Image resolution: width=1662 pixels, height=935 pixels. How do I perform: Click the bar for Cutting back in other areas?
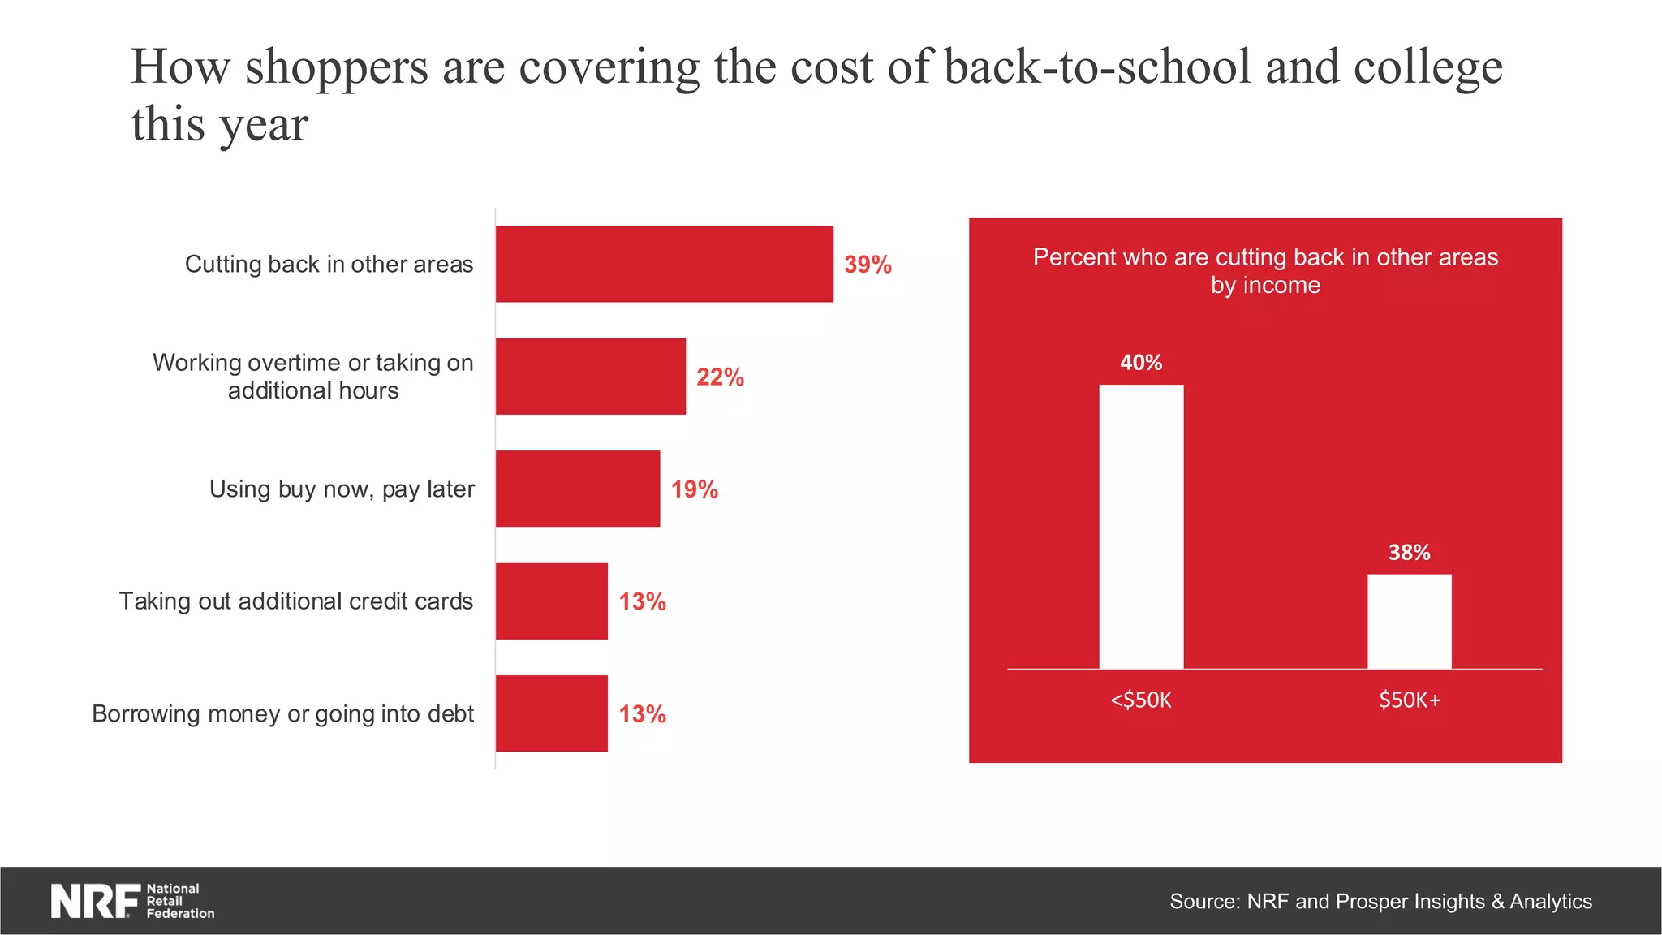coord(664,264)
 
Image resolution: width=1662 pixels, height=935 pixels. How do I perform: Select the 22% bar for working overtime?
coord(590,377)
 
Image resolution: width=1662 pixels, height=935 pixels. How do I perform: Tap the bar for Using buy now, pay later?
coord(577,489)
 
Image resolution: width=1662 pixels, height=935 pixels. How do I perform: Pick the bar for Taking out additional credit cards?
coord(551,601)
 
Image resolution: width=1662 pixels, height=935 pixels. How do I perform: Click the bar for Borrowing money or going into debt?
coord(551,713)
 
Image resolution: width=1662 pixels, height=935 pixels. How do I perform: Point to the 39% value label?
coord(867,265)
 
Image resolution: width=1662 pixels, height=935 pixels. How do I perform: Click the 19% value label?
coord(694,489)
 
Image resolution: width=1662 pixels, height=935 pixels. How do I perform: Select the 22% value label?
coord(720,377)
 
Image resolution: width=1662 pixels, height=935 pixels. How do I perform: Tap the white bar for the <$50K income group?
coord(1140,527)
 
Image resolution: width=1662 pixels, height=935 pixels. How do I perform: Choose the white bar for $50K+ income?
coord(1409,622)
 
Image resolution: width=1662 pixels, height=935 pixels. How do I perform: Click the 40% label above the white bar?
coord(1140,363)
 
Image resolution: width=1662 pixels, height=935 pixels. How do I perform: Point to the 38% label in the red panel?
coord(1409,553)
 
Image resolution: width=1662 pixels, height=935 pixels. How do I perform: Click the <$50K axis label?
coord(1140,700)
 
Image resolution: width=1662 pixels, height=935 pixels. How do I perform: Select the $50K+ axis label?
coord(1409,700)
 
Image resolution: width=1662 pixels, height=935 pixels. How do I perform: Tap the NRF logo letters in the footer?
coord(94,901)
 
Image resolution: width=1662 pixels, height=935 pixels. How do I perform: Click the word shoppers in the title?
coord(336,67)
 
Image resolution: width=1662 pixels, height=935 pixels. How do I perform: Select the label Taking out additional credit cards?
coord(295,601)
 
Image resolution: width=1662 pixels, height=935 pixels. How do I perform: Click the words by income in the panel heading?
coord(1265,286)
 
